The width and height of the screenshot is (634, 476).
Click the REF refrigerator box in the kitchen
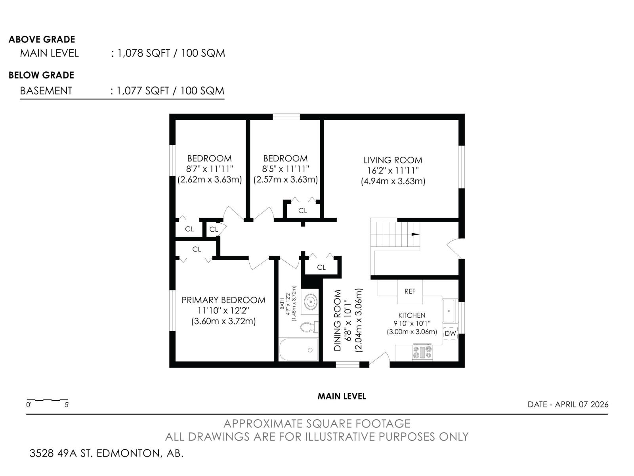[410, 291]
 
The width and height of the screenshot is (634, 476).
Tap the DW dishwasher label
[450, 334]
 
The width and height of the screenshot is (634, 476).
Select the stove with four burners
[422, 352]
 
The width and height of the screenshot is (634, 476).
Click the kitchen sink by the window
[449, 311]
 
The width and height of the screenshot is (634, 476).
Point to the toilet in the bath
[309, 327]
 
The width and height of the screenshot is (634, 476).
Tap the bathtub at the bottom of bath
[298, 350]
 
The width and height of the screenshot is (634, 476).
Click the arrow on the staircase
[415, 234]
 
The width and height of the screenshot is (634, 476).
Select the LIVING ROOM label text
[393, 160]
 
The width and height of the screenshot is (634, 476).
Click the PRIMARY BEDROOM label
[223, 300]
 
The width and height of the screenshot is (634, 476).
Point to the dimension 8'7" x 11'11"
[209, 169]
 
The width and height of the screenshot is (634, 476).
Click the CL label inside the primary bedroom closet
[197, 249]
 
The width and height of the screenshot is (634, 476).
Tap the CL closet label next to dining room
[321, 267]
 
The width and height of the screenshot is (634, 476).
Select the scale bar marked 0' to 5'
[47, 400]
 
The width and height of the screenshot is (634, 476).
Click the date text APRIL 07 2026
[581, 405]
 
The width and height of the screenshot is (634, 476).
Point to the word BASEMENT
[46, 91]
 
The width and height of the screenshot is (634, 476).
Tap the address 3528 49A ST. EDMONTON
[106, 453]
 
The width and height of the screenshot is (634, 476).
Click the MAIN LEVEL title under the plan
[342, 396]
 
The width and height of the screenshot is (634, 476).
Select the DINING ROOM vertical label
[338, 321]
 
